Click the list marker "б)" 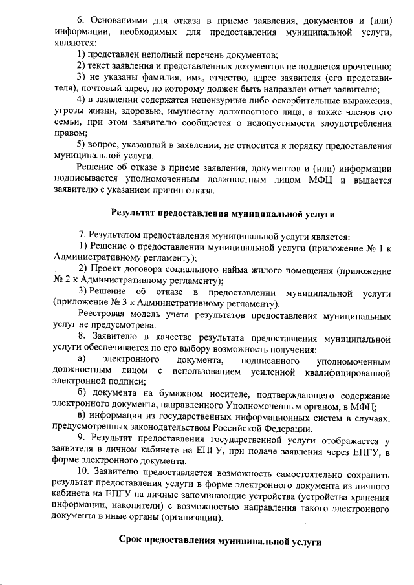82,394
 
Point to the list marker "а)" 82,360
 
